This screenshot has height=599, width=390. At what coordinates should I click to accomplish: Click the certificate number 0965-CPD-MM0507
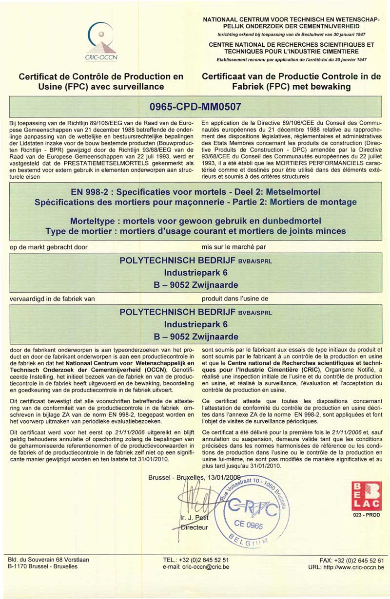[x=195, y=105]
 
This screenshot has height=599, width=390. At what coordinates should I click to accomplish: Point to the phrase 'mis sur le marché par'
[x=234, y=247]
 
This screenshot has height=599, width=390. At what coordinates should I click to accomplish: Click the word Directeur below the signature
[x=194, y=527]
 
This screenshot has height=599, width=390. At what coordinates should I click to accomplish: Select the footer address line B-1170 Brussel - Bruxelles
[x=43, y=566]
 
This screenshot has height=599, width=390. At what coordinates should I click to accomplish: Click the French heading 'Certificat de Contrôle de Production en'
[x=101, y=76]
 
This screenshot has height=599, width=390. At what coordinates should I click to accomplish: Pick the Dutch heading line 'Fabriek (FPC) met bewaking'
[x=291, y=87]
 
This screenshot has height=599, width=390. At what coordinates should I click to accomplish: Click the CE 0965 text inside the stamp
[x=248, y=525]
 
